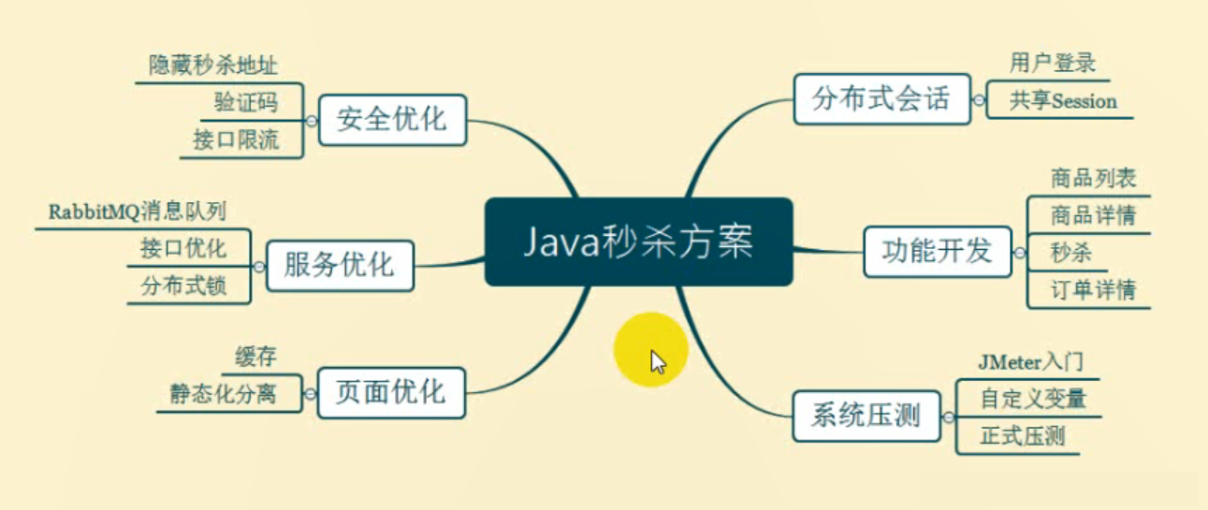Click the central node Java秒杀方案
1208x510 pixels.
point(638,242)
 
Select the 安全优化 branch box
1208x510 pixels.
point(392,120)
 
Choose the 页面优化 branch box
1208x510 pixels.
point(391,390)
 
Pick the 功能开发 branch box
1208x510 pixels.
point(938,250)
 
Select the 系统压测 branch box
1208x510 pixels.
point(866,415)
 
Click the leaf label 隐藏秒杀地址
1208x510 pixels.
point(213,66)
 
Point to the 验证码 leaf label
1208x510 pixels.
point(246,102)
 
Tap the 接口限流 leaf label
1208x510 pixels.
point(236,140)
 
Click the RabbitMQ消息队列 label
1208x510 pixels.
point(138,211)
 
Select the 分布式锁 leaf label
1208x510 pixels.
point(183,285)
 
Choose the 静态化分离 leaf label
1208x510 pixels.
point(223,393)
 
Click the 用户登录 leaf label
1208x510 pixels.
point(1053,63)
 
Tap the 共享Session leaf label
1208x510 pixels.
point(1063,101)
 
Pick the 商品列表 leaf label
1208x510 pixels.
point(1093,178)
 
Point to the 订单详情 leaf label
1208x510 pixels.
point(1093,290)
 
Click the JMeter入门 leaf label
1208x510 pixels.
point(1031,360)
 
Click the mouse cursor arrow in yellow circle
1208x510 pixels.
point(658,361)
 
